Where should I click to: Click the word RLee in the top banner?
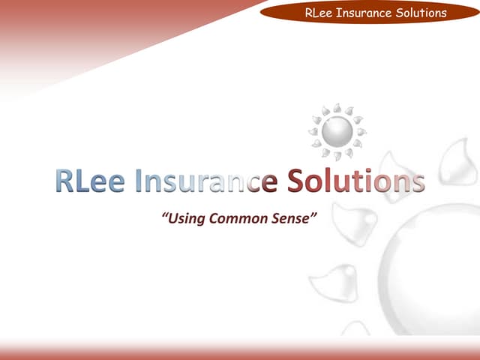pos(320,13)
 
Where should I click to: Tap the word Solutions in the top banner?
pos(421,13)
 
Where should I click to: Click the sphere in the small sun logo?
pos(337,132)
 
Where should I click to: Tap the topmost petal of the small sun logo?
pos(337,108)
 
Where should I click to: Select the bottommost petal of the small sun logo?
pos(337,156)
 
